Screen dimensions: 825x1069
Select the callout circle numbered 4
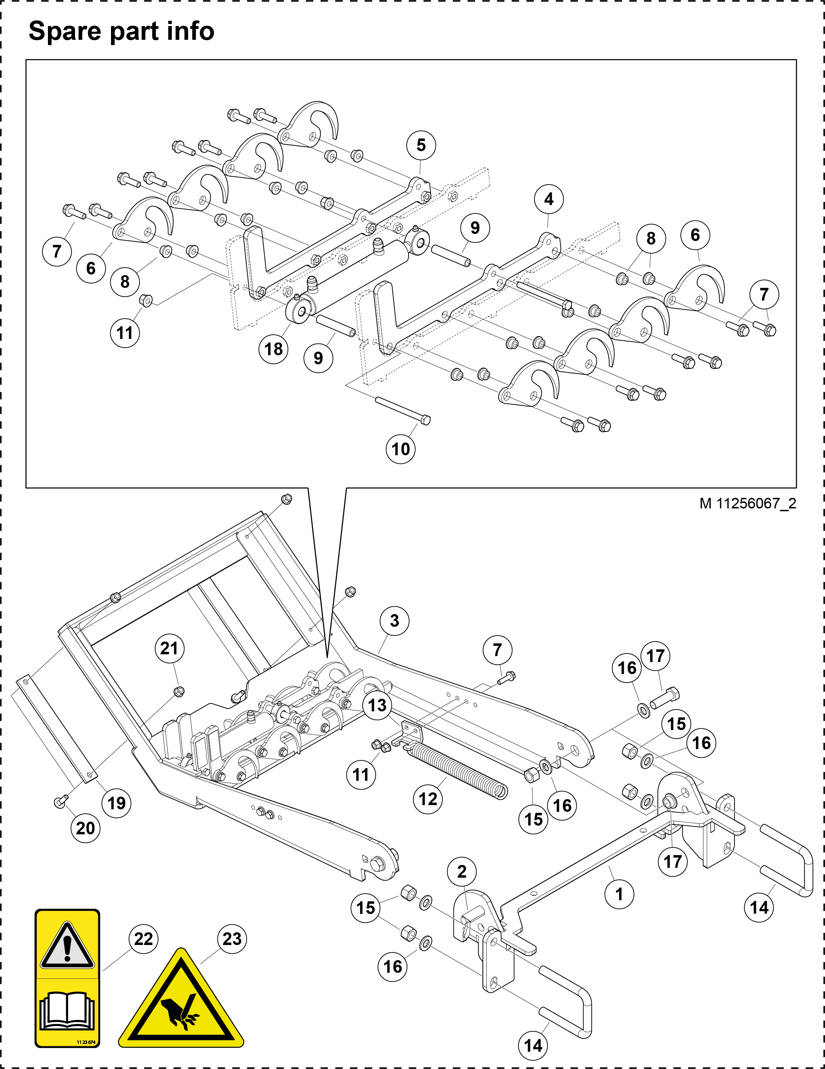click(549, 199)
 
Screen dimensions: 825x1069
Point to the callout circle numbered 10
click(400, 449)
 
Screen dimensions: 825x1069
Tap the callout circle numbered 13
click(377, 705)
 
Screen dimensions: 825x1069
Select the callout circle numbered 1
click(619, 894)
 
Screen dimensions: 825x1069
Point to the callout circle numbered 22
click(143, 938)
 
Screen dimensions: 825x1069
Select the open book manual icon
click(67, 1011)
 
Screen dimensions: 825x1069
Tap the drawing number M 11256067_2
click(747, 503)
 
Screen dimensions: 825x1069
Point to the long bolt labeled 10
click(403, 410)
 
